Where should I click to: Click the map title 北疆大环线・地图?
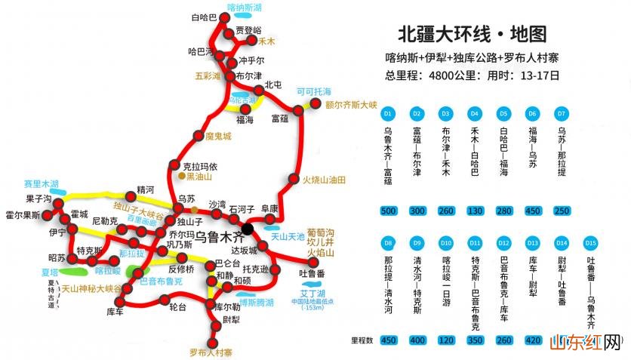(471, 35)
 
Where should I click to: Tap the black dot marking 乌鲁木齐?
(248, 228)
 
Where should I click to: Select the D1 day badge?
(388, 113)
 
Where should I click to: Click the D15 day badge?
(591, 243)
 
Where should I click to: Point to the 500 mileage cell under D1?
(388, 211)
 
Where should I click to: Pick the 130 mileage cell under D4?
(474, 211)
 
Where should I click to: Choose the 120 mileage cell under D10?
(446, 340)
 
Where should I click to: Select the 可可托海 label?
(314, 91)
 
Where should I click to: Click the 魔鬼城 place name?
(218, 137)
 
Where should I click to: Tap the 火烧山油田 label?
(324, 180)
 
